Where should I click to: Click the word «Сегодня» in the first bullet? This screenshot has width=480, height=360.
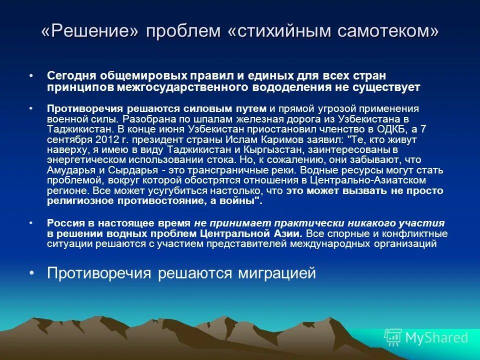(x=72, y=76)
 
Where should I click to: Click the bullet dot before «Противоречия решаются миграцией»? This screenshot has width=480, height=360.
(x=31, y=273)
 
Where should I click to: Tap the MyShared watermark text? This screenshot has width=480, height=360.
(x=436, y=337)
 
